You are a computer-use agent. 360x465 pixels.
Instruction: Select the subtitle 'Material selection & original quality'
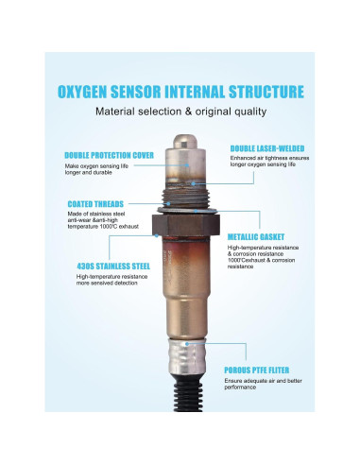click(179, 111)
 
